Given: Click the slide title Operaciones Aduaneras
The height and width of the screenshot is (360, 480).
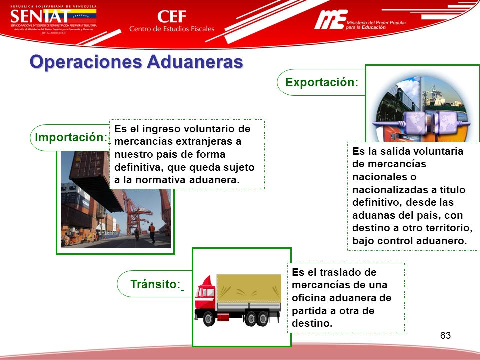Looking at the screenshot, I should pos(136,62).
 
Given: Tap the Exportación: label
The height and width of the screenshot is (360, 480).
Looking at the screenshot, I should pos(322,83).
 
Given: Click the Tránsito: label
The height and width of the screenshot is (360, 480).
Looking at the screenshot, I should pos(155,284).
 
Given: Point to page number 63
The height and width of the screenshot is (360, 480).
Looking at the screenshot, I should pos(446,335).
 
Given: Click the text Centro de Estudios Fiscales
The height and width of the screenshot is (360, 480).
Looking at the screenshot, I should pos(171,29).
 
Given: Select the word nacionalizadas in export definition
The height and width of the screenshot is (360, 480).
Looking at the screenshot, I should pos(383,190).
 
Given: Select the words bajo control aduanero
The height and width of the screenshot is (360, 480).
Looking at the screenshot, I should pos(409,241).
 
